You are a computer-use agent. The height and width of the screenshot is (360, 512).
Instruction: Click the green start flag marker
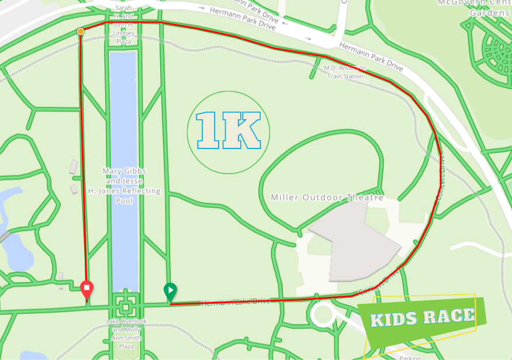170,290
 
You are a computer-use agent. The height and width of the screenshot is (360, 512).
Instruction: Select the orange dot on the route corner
81,31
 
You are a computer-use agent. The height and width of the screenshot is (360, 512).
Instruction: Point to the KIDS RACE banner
422,319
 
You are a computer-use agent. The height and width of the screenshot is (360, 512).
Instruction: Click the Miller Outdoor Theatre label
327,198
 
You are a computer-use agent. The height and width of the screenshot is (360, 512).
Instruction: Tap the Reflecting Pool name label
124,186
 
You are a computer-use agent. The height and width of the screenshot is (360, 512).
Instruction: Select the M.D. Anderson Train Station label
344,72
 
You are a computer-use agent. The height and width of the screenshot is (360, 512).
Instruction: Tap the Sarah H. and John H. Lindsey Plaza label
124,25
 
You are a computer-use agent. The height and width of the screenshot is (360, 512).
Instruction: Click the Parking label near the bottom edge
410,356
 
